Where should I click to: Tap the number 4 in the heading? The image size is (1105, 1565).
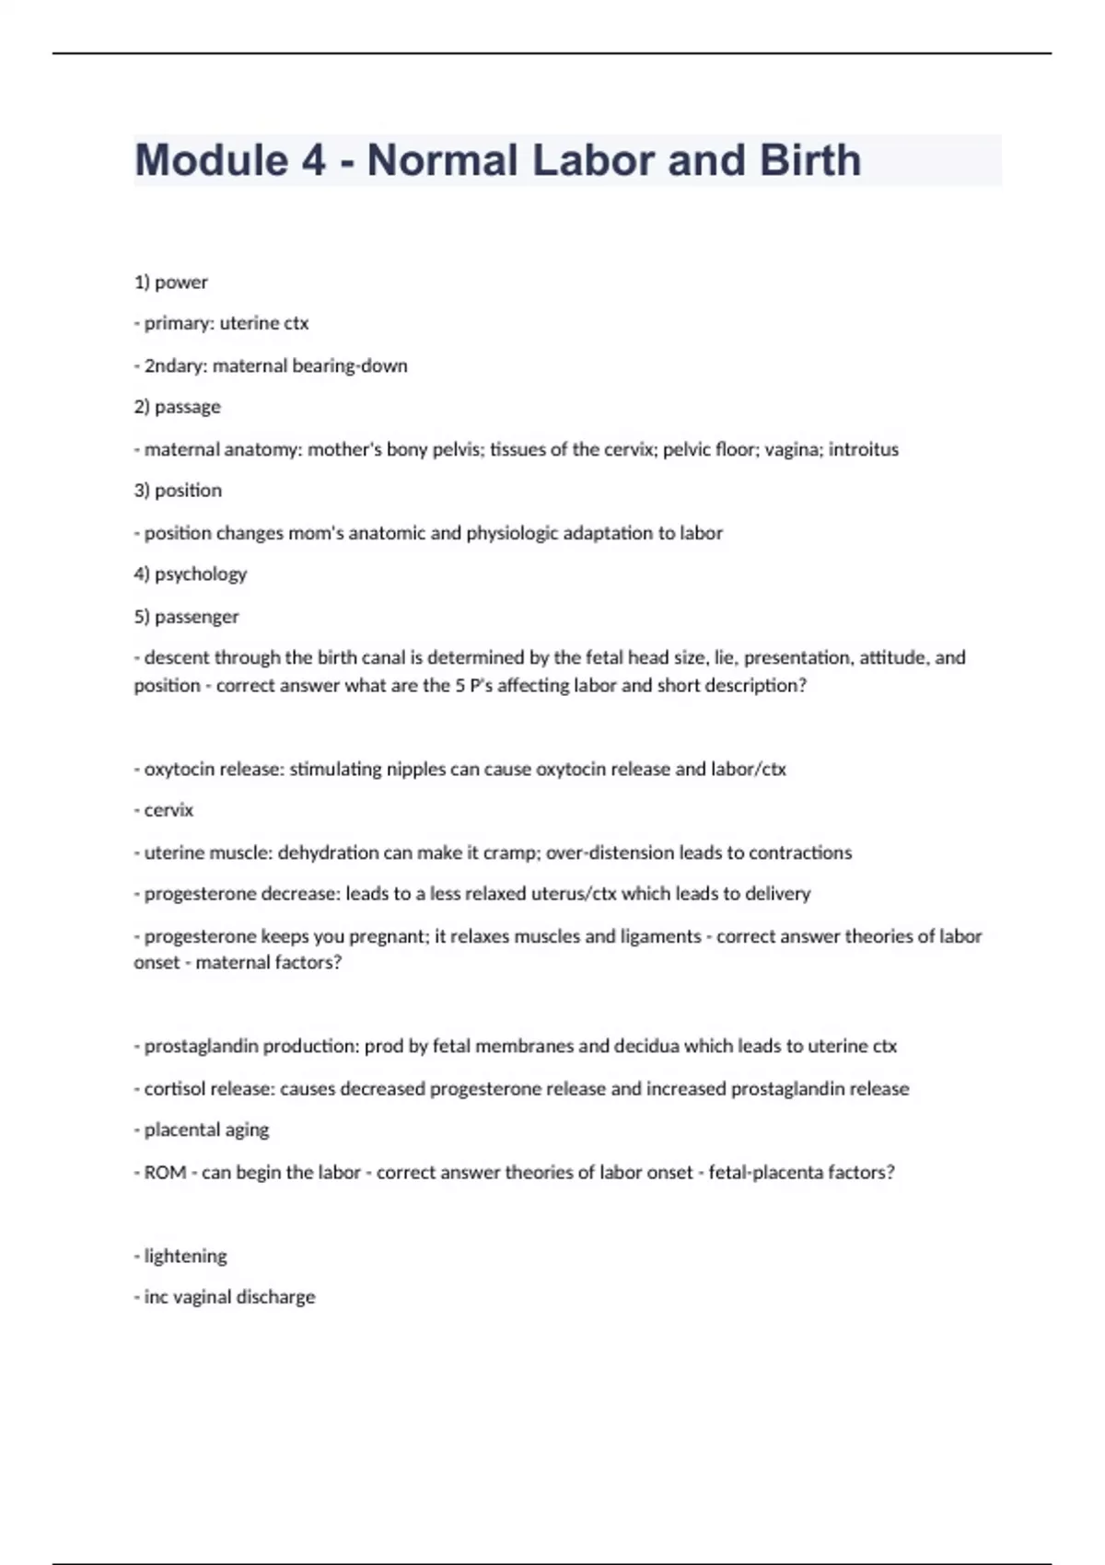point(313,160)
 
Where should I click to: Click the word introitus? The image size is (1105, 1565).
point(863,449)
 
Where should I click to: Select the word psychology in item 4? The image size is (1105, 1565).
point(201,574)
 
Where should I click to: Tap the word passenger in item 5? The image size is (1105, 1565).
point(196,617)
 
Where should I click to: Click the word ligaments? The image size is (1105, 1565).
point(657,936)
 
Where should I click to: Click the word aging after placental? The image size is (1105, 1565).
point(247,1130)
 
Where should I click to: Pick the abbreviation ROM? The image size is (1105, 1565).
point(166,1172)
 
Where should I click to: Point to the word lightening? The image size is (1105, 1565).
point(185,1256)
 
